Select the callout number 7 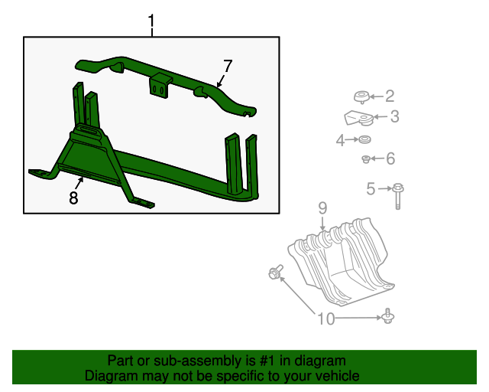(x=227, y=66)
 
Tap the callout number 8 (x=73, y=198)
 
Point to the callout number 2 (x=389, y=96)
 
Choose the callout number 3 (x=394, y=117)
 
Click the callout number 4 (x=340, y=140)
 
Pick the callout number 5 (x=371, y=188)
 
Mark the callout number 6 (x=390, y=159)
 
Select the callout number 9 (x=322, y=207)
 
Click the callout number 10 (x=326, y=318)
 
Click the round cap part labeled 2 (x=361, y=96)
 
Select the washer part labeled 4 (x=365, y=140)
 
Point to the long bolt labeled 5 (x=398, y=194)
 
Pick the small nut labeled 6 (x=367, y=159)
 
